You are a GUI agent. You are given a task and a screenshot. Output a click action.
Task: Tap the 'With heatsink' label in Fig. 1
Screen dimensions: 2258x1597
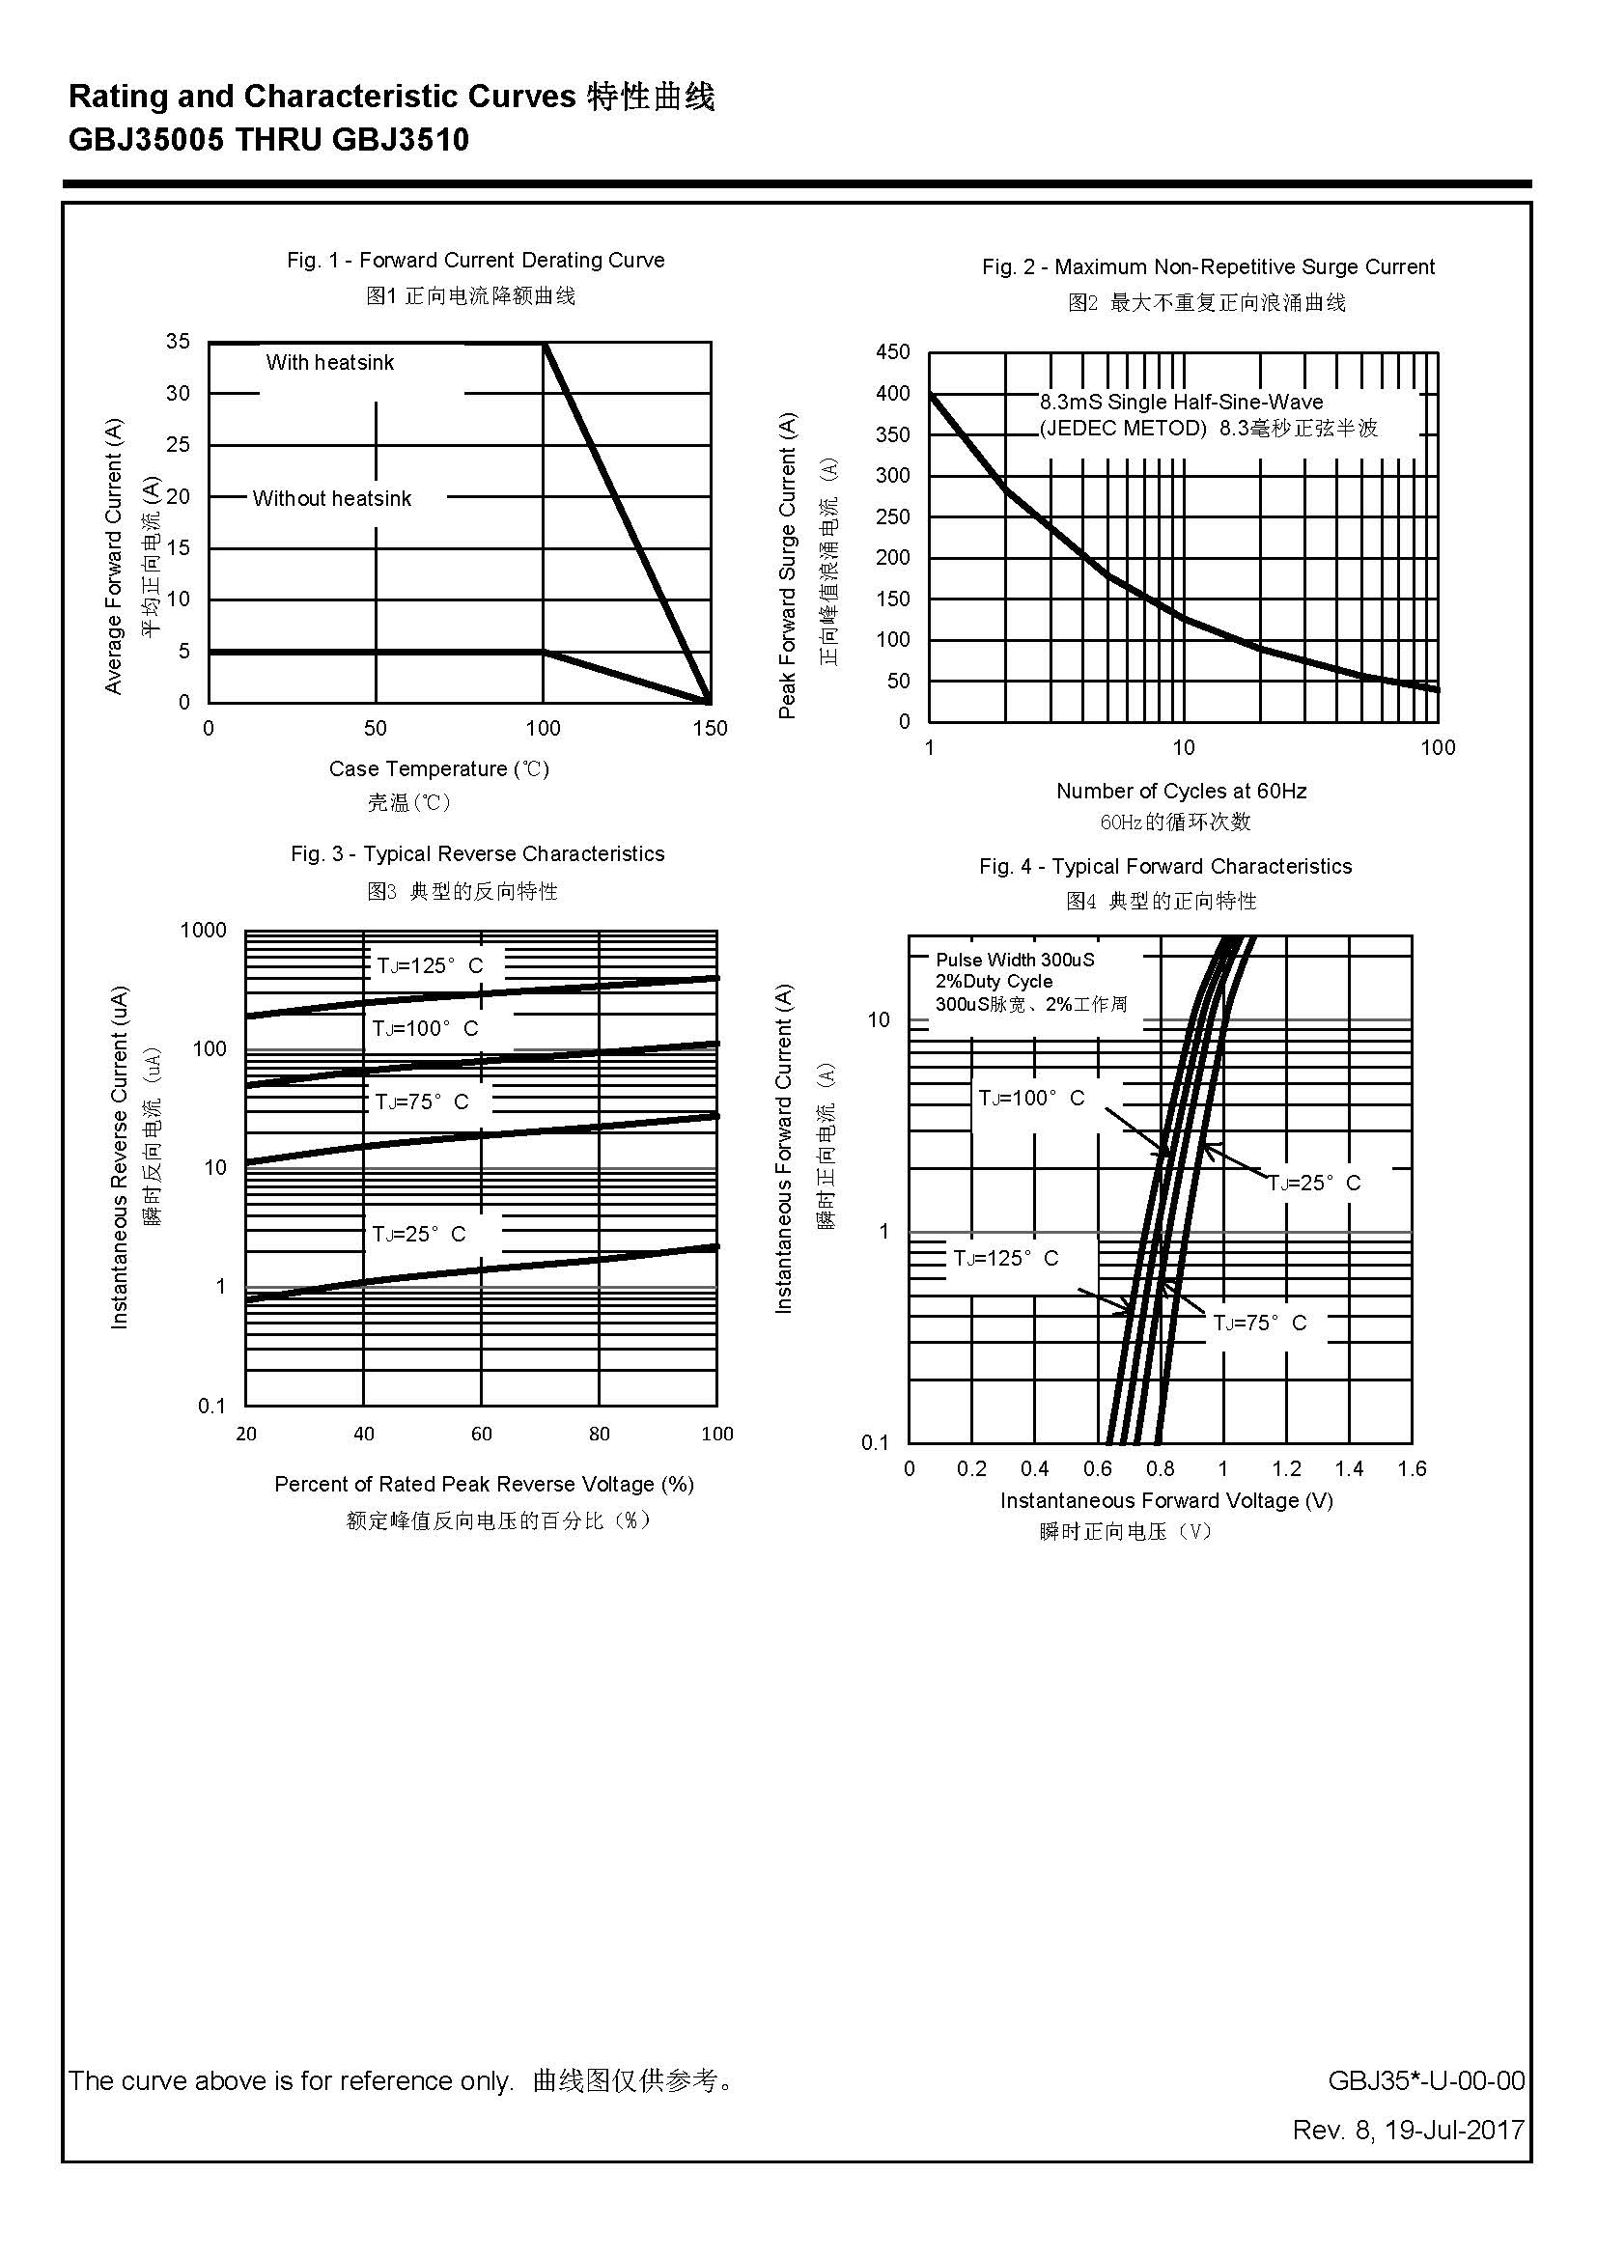pos(329,363)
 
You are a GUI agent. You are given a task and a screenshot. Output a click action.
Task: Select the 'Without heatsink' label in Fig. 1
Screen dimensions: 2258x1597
pos(331,498)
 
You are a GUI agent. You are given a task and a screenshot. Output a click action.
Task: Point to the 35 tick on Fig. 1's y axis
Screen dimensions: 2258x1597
pos(178,341)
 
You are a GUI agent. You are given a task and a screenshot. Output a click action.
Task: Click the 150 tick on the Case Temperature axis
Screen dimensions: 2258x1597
pos(710,729)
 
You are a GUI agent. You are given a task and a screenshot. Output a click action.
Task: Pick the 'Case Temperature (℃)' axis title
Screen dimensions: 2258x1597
pos(438,769)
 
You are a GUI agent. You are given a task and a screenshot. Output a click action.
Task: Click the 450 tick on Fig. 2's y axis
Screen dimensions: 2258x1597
pos(893,352)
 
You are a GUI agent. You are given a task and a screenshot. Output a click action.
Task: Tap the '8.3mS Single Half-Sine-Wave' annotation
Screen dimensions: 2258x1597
pos(1181,403)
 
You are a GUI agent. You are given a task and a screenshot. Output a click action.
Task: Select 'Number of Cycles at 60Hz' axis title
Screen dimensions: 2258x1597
pos(1181,791)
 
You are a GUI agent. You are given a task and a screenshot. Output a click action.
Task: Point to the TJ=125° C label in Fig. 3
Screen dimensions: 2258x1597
pos(430,965)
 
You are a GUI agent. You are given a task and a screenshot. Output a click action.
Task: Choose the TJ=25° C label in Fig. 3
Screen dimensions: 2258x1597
pos(419,1233)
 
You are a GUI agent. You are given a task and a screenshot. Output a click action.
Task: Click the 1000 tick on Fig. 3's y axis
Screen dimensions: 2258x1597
pos(204,931)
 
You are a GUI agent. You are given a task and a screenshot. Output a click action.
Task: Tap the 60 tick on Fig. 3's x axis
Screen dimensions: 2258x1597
pos(481,1434)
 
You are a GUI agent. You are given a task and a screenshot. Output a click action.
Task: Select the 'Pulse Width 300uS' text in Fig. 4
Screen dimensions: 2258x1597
pos(1015,960)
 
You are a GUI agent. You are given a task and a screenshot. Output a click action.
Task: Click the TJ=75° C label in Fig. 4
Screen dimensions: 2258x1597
pos(1260,1323)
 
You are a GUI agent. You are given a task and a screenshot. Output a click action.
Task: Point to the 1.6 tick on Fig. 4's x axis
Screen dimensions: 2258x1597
pos(1412,1469)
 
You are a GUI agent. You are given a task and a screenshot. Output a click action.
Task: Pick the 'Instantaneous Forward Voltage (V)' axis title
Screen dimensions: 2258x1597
pos(1166,1501)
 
